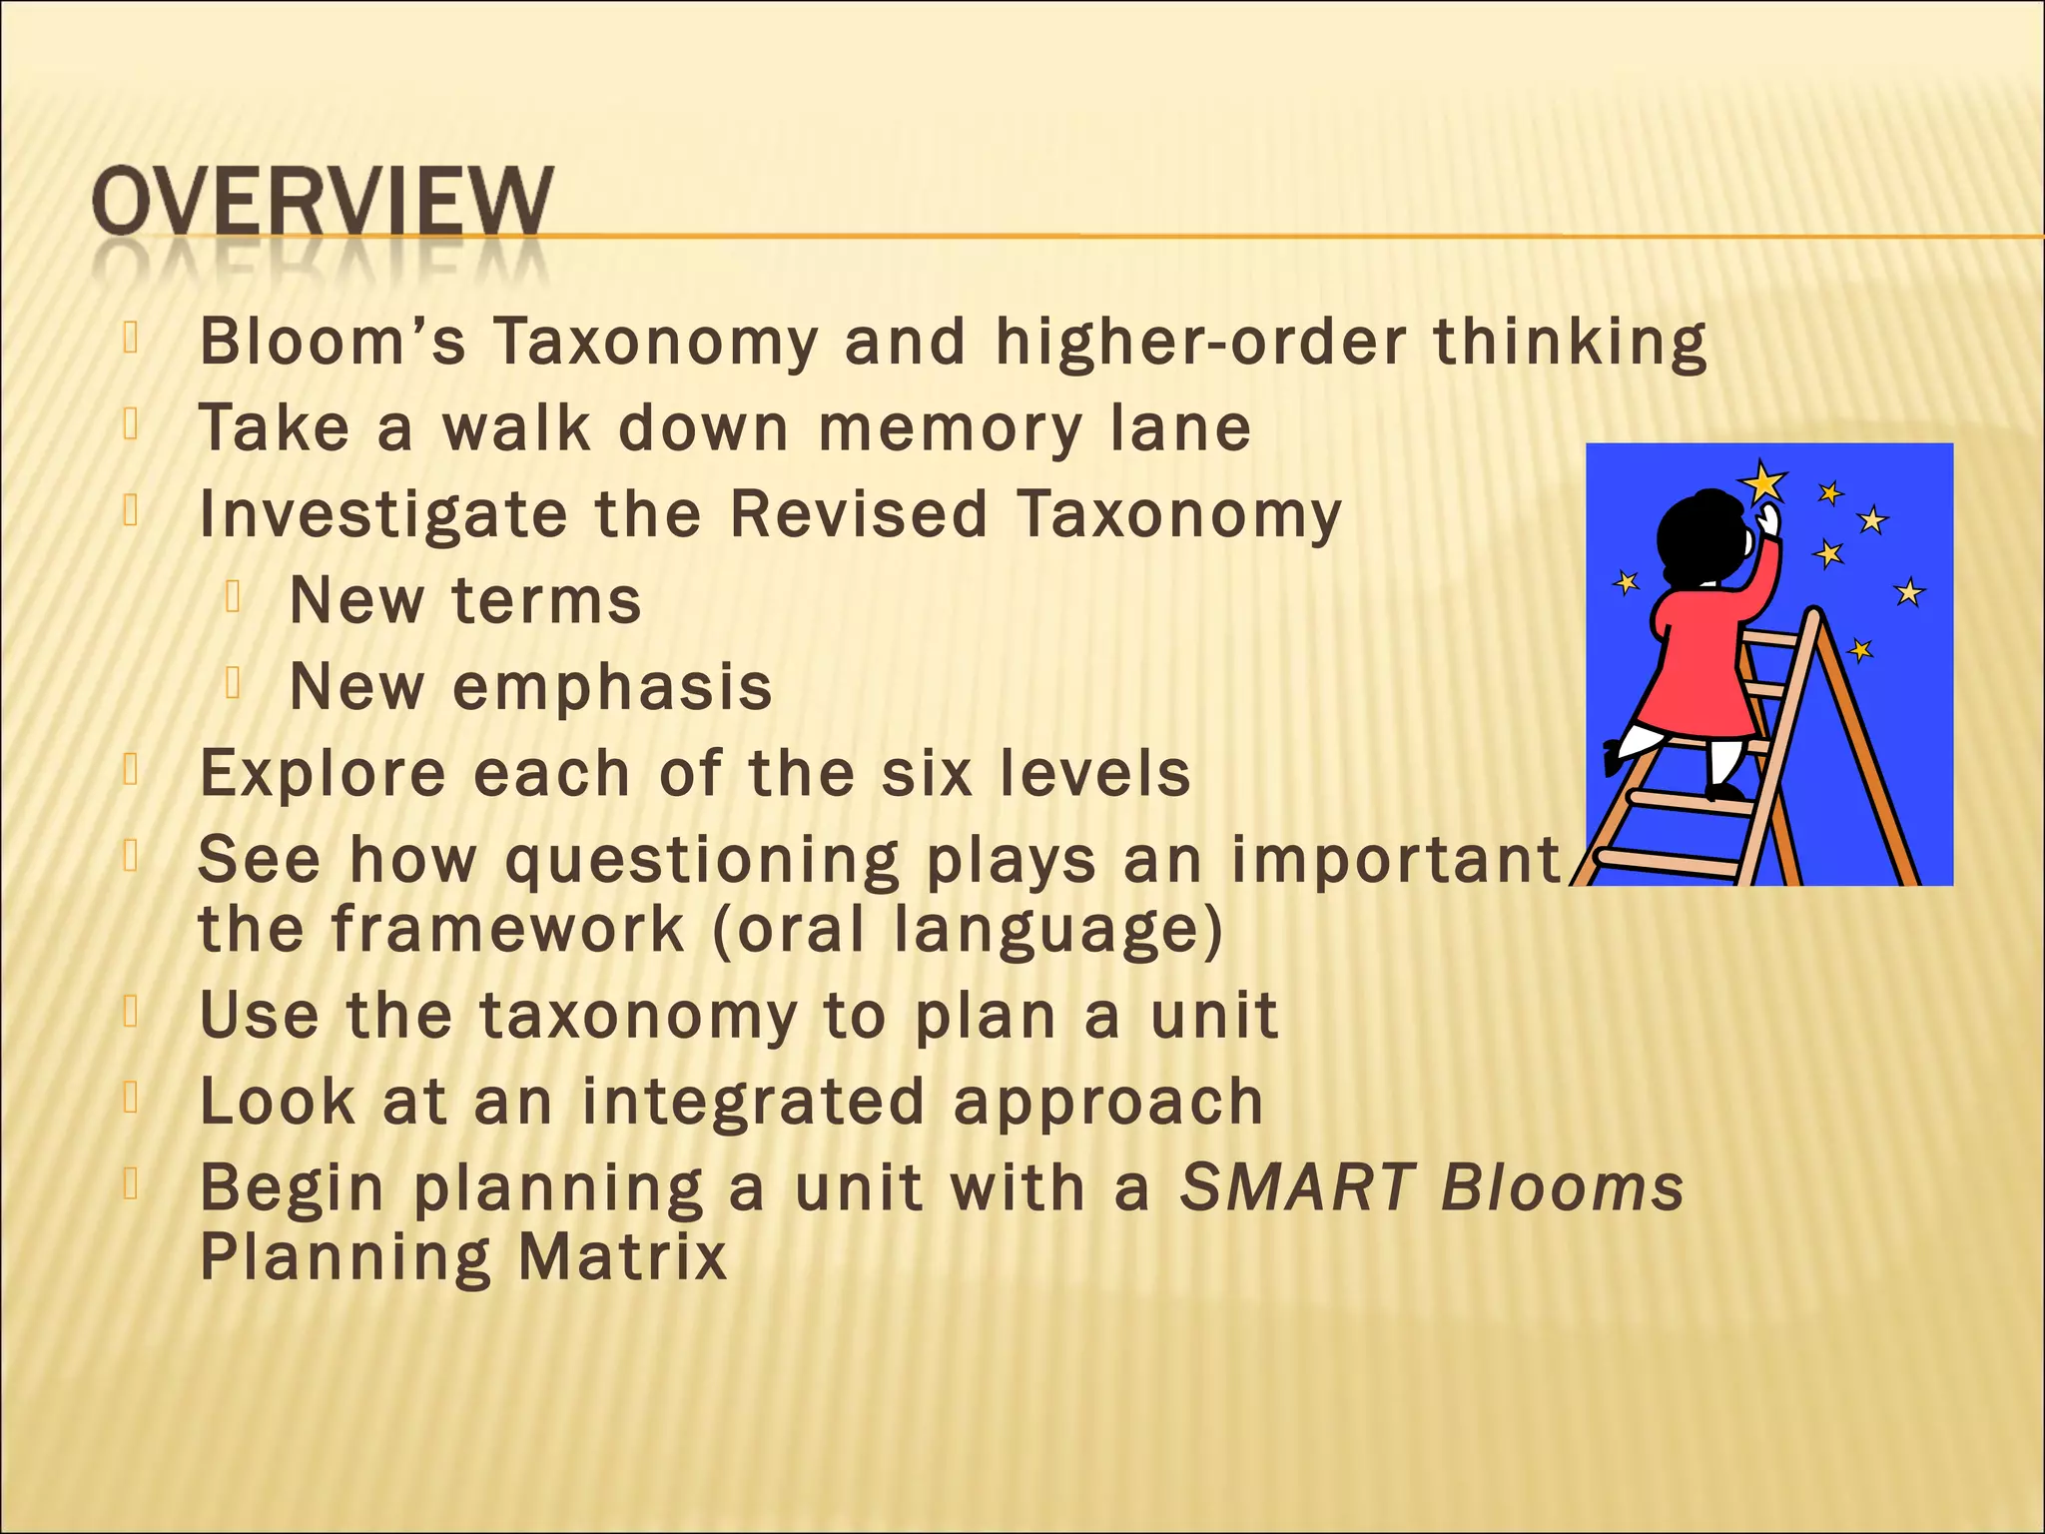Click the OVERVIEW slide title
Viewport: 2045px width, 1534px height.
pyautogui.click(x=322, y=203)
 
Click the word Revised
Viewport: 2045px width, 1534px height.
pyautogui.click(x=859, y=514)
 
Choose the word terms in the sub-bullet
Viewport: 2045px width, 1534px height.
pyautogui.click(x=546, y=601)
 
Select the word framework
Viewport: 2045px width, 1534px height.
pyautogui.click(x=508, y=930)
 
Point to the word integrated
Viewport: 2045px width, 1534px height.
pyautogui.click(x=754, y=1102)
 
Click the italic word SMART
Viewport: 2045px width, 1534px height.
pyautogui.click(x=1298, y=1187)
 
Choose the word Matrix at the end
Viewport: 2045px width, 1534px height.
pyautogui.click(x=622, y=1256)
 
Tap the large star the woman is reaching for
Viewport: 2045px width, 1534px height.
pyautogui.click(x=1763, y=484)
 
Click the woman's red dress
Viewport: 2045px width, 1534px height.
pyautogui.click(x=1698, y=669)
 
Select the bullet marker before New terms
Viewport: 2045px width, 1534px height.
pyautogui.click(x=235, y=597)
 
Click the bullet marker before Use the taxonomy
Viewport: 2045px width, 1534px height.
pyautogui.click(x=130, y=1012)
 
